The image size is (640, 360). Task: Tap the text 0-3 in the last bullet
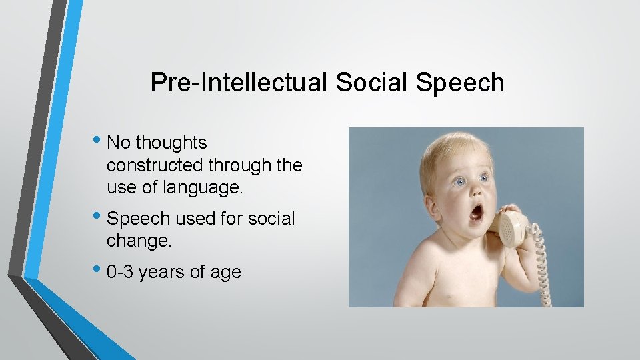(x=122, y=272)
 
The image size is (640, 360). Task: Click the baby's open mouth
(x=477, y=213)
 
